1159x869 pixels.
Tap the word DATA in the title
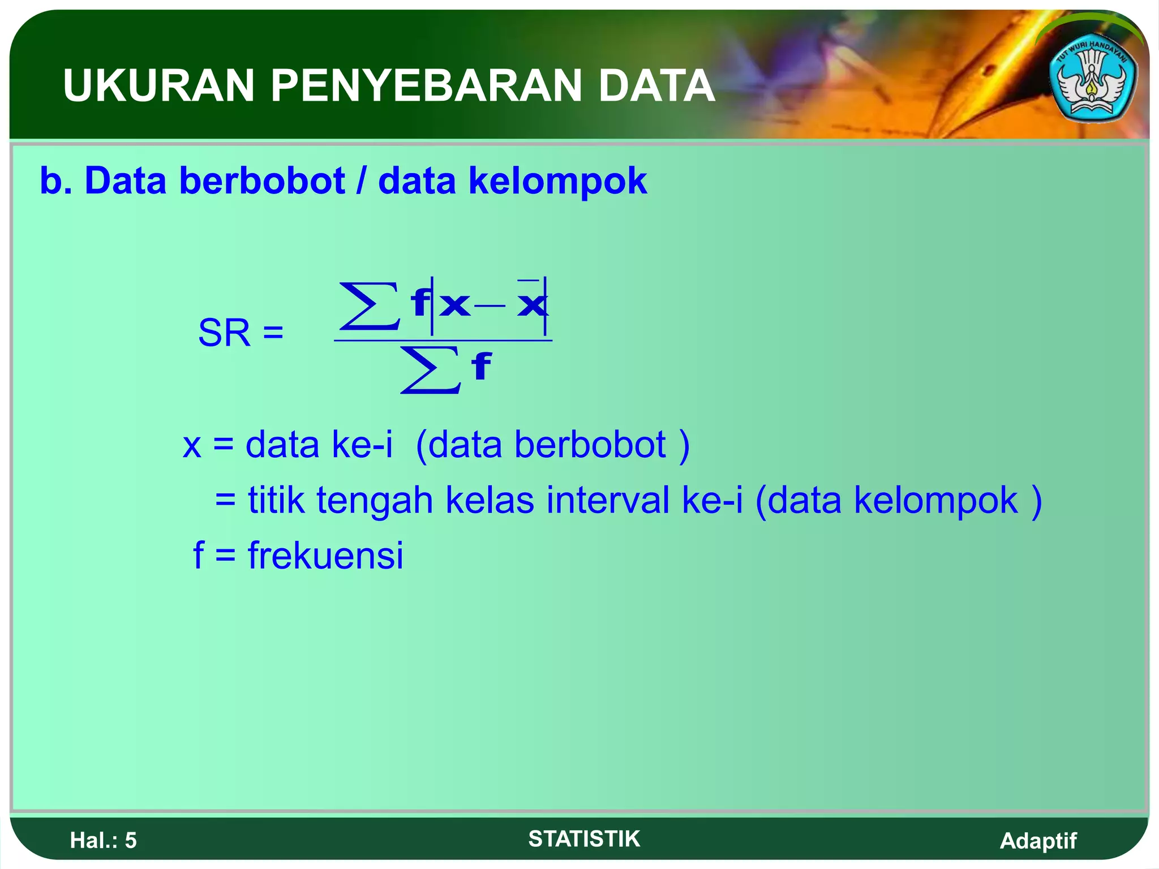click(656, 86)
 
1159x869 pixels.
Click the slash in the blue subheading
click(360, 181)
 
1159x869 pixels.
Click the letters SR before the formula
click(224, 333)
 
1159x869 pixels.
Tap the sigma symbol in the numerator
click(369, 306)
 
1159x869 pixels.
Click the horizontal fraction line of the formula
click(443, 341)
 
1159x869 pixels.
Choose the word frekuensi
click(325, 556)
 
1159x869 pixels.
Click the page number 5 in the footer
click(131, 841)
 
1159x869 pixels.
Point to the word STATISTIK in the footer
click(584, 839)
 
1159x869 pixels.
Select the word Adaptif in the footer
click(1038, 841)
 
